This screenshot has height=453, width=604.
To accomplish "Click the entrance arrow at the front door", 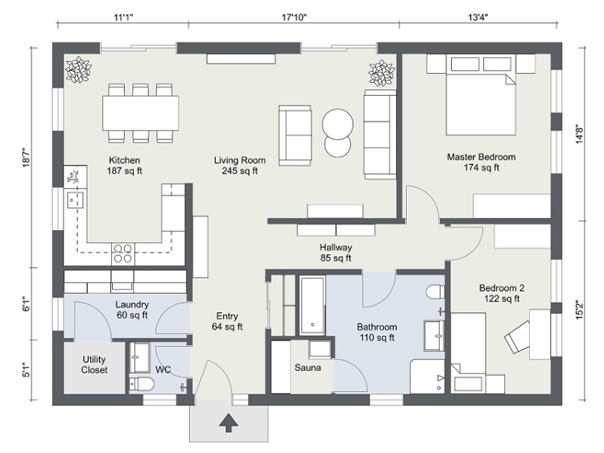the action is tap(229, 422).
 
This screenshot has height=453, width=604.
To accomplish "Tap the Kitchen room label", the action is tap(124, 160).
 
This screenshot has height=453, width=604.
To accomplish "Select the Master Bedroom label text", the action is tap(481, 157).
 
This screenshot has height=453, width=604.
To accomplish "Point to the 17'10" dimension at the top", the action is tap(294, 18).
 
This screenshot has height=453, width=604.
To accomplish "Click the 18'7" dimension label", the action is tap(27, 158).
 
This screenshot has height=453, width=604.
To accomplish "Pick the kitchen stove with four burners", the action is tap(123, 254).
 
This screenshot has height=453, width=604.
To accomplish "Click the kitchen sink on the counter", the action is tap(76, 200).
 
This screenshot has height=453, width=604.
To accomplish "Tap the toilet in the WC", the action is tap(142, 384).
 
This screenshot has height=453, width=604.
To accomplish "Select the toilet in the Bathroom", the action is tap(435, 291).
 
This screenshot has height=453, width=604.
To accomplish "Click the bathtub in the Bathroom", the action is tap(312, 306).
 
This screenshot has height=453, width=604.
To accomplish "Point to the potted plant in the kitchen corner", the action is tap(79, 70).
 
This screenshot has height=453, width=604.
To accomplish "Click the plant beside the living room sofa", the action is tap(382, 72).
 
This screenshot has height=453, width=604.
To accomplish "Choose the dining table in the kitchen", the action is tap(141, 113).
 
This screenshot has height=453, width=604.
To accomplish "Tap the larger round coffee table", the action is tap(337, 124).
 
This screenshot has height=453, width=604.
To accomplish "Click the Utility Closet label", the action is tap(94, 364).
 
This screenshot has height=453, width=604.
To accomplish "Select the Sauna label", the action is tap(308, 368).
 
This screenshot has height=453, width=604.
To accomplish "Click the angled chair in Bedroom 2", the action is tap(519, 336).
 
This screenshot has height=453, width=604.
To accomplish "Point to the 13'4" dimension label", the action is tap(478, 18).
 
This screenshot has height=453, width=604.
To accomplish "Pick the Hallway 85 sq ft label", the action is tap(336, 253).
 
